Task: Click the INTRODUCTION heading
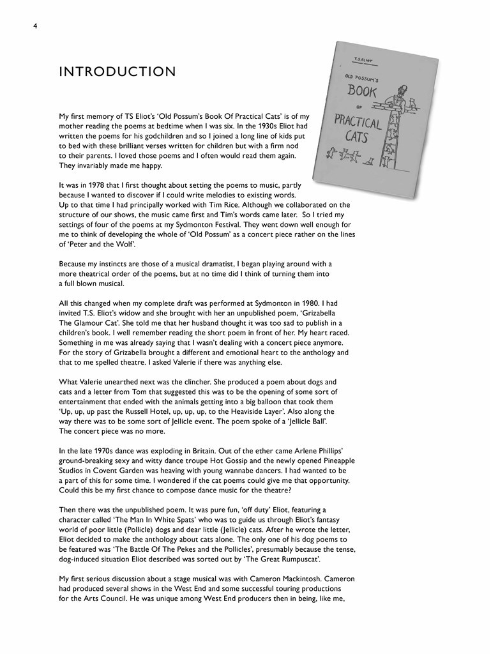[x=117, y=72]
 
